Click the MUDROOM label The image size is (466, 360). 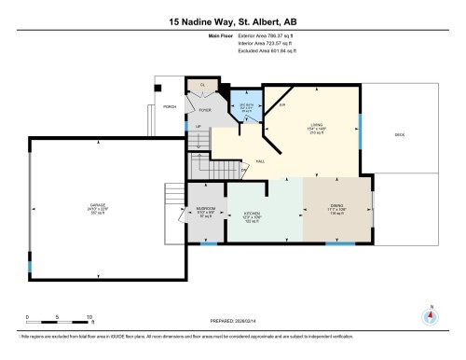pos(206,208)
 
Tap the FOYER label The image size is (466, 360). pos(205,109)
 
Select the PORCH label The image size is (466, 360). pos(170,107)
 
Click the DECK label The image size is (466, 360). pos(399,134)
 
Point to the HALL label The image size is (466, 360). pos(260,160)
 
